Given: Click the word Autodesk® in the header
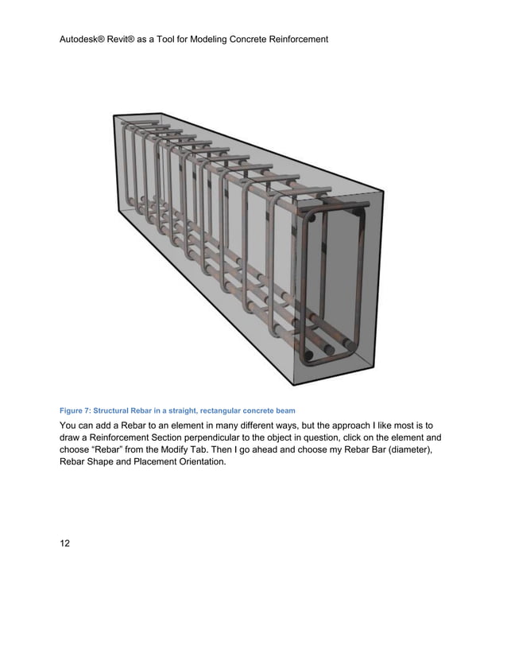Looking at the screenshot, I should pyautogui.click(x=85, y=38).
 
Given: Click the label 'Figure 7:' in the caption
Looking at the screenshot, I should pyautogui.click(x=75, y=410).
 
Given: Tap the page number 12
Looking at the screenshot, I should pyautogui.click(x=65, y=543).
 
